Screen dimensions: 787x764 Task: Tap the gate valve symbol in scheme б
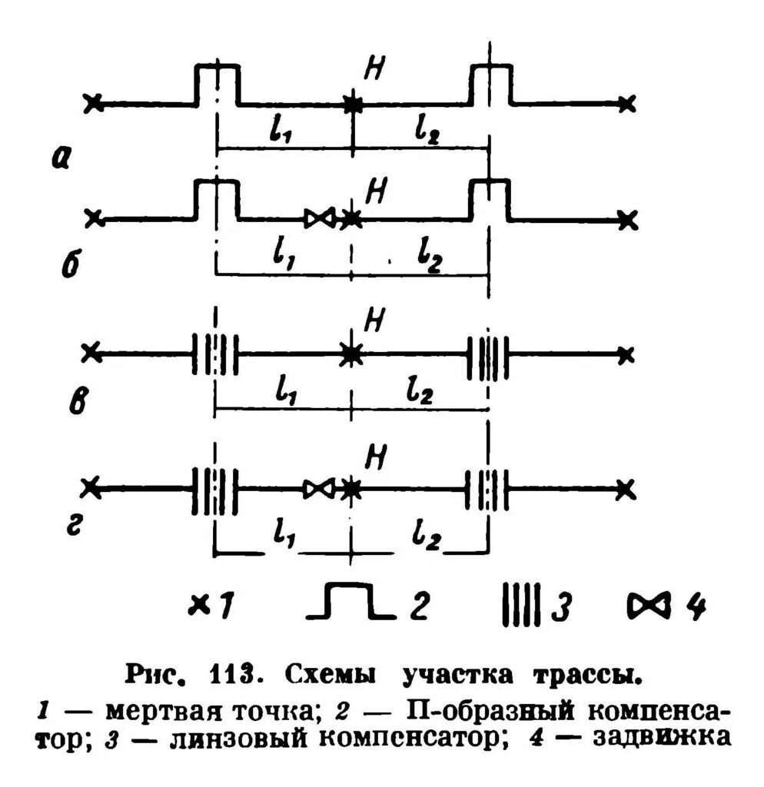(318, 219)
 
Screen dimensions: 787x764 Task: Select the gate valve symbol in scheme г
(318, 489)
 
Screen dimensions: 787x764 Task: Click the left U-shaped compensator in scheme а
(218, 83)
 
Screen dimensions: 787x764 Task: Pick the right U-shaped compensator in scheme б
(490, 198)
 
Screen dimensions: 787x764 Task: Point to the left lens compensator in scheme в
(215, 354)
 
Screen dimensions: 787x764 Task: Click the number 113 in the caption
(232, 676)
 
